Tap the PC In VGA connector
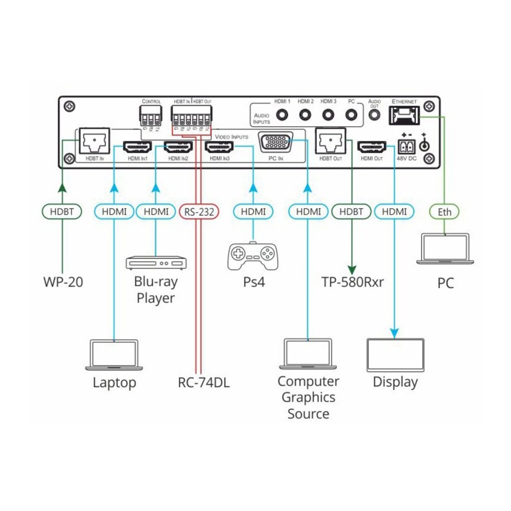coord(276,142)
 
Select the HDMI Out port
coord(371,148)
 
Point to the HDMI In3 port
coord(220,148)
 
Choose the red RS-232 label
coord(200,212)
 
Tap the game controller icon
coord(253,257)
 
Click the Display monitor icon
coord(396,355)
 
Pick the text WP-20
coord(62,282)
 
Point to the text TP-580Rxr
coord(353,282)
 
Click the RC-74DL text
coord(204,382)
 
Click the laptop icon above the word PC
coord(445,249)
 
